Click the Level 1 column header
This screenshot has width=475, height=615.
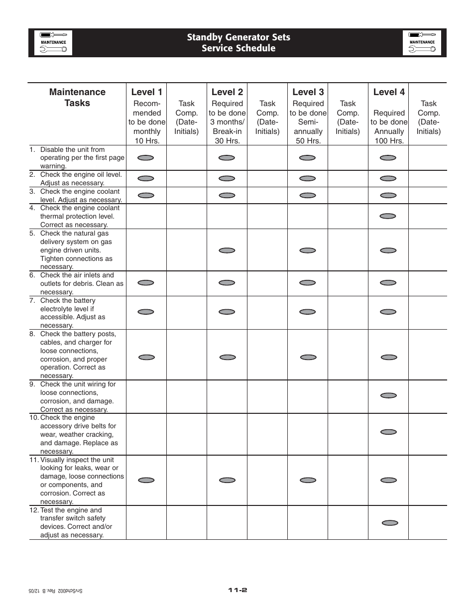point(146,92)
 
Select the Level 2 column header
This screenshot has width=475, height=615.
point(227,92)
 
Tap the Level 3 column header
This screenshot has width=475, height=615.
point(308,92)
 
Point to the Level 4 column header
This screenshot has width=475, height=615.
point(389,92)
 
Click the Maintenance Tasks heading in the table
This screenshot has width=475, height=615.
point(77,98)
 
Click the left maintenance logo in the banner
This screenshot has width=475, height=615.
point(53,43)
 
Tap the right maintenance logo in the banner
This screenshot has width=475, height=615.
point(422,43)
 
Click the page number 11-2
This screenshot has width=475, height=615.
point(237,590)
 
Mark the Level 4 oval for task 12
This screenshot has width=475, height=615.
point(390,523)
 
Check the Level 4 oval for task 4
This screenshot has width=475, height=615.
point(388,216)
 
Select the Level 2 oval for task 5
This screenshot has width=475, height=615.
point(227,250)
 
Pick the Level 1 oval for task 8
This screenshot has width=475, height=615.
point(146,357)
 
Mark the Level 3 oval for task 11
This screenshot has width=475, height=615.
point(308,480)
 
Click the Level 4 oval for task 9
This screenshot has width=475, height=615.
point(388,395)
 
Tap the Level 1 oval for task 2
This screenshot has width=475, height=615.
point(146,178)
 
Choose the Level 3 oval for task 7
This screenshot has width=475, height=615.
point(307,312)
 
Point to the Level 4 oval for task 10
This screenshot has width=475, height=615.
point(388,432)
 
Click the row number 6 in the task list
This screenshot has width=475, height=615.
point(32,275)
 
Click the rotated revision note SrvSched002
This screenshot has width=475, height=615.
point(55,591)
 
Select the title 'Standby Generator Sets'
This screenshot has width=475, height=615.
point(238,37)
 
